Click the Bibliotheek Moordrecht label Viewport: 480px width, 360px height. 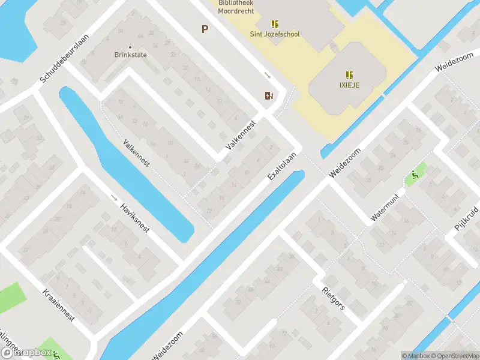236,7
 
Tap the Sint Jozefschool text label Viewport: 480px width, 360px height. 275,34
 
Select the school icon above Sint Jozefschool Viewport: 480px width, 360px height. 275,24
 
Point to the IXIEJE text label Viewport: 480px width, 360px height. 349,85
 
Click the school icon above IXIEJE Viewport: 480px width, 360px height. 349,75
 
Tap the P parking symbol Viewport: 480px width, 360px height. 205,29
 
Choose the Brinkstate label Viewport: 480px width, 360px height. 130,55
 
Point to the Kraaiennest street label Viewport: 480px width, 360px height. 58,305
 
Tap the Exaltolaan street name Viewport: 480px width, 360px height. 282,166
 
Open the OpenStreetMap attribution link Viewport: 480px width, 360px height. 454,356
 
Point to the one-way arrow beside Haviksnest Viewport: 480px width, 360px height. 114,197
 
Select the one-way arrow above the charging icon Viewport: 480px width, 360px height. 268,76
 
